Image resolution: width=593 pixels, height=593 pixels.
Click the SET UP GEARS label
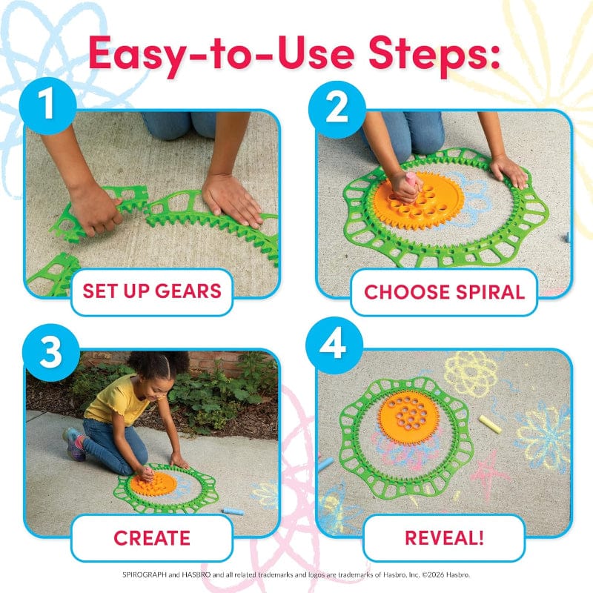click(x=152, y=291)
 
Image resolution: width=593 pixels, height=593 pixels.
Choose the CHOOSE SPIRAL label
click(x=444, y=291)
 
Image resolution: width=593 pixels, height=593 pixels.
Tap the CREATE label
click(x=152, y=537)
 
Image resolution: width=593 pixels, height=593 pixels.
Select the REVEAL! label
click(x=444, y=537)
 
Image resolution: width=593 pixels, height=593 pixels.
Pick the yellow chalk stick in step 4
click(x=490, y=425)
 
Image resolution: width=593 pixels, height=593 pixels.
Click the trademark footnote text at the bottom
click(x=296, y=574)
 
